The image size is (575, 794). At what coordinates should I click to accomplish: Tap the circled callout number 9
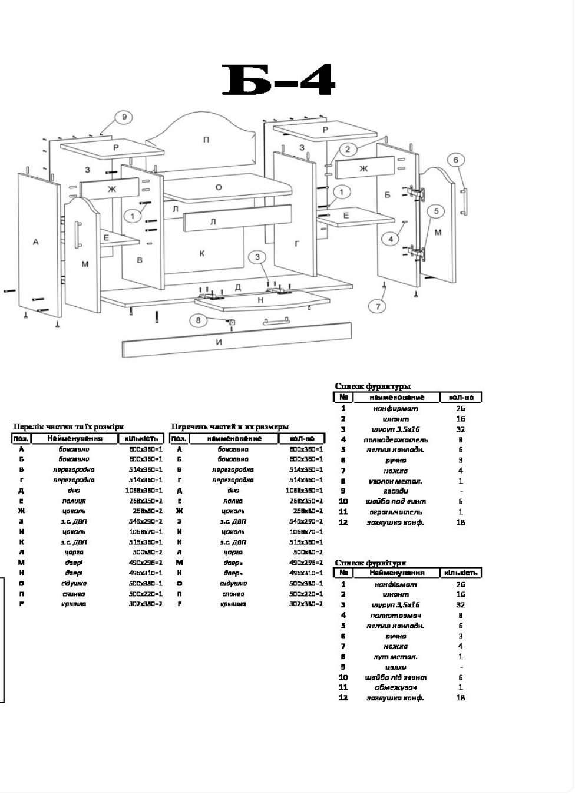(x=124, y=117)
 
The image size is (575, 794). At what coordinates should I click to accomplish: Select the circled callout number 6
(x=455, y=160)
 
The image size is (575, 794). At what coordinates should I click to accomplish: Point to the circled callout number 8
(x=199, y=320)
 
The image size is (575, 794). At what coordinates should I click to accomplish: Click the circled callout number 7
(x=378, y=306)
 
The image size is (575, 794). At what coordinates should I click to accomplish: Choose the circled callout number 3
(x=257, y=257)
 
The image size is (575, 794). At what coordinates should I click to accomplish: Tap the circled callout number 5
(x=436, y=211)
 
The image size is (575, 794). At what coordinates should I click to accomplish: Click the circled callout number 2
(x=348, y=149)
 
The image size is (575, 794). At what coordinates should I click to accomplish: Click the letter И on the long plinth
(x=219, y=342)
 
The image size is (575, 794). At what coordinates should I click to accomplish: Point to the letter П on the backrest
(x=206, y=140)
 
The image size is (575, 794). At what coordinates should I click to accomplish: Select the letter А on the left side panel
(x=35, y=241)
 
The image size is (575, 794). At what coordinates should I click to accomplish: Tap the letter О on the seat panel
(x=219, y=187)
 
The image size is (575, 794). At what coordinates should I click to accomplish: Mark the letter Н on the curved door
(x=260, y=300)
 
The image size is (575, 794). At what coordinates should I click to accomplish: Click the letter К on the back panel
(x=202, y=253)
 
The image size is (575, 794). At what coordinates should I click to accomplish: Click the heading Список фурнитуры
(x=372, y=386)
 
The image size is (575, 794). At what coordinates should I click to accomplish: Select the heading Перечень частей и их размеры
(x=230, y=426)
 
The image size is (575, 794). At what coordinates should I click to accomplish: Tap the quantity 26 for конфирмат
(x=461, y=408)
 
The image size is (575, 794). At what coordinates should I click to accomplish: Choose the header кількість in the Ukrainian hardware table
(x=462, y=573)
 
